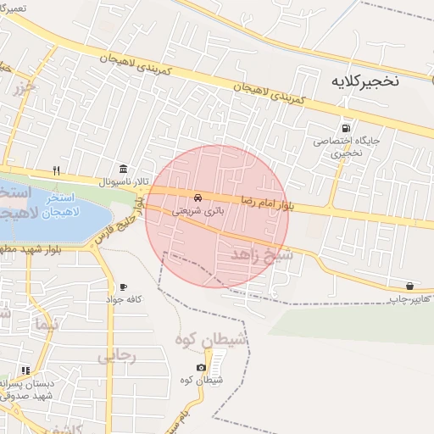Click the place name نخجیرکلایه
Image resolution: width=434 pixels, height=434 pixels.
(x=367, y=82)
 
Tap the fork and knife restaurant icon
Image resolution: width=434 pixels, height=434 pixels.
(x=56, y=170)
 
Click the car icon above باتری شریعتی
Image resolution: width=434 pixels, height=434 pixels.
(x=198, y=196)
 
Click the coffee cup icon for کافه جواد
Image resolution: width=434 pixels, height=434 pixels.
(x=124, y=287)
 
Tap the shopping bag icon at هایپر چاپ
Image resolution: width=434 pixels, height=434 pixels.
(x=410, y=287)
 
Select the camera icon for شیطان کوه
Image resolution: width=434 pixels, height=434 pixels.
(x=201, y=367)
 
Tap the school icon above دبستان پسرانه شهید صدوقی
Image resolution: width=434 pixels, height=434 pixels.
(x=25, y=370)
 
